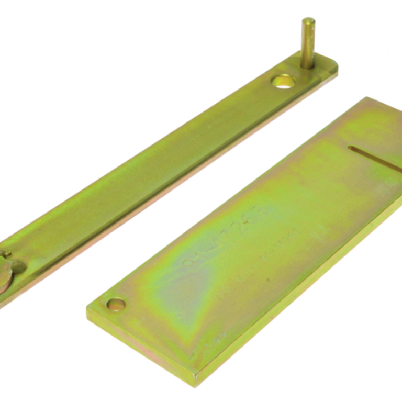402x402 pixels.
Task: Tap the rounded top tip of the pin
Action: click(308, 21)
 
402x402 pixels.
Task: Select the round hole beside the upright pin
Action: click(283, 81)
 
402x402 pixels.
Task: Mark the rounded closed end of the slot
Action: click(350, 149)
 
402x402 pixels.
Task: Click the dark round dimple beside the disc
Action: click(19, 267)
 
